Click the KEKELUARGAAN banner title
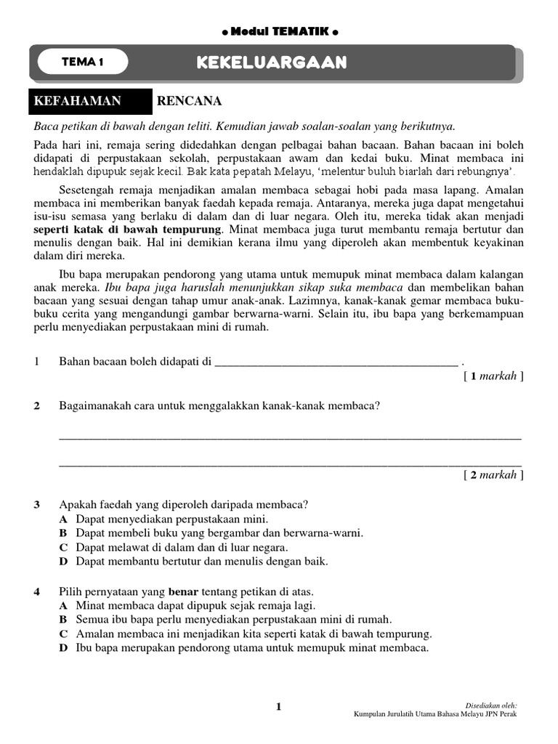click(271, 63)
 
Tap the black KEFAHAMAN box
click(88, 101)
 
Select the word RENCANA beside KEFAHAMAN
click(189, 101)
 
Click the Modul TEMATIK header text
click(278, 32)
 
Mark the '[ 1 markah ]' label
click(493, 376)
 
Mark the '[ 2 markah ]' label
click(493, 475)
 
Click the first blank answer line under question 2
click(289, 438)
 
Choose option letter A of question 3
click(64, 519)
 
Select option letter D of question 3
click(64, 562)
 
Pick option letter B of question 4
click(64, 619)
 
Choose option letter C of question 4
click(64, 634)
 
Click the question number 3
click(37, 504)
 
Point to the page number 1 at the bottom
click(278, 706)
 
